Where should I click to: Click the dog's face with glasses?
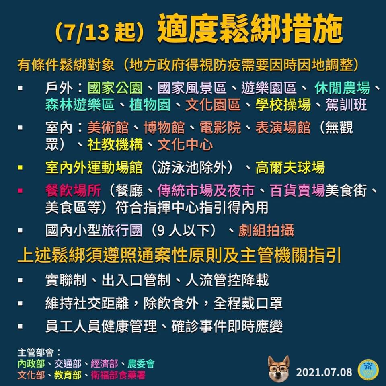[x=278, y=368]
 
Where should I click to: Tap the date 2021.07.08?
[x=324, y=372]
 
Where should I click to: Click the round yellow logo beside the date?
[x=368, y=370]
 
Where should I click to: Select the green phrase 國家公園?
[x=115, y=88]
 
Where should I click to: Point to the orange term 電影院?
[x=220, y=128]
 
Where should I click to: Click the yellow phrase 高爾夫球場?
[x=290, y=168]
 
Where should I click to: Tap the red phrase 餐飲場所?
[x=73, y=191]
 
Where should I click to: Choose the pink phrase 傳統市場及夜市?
[x=206, y=191]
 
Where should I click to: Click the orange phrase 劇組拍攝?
[x=266, y=230]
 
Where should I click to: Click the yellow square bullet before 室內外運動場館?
[x=20, y=168]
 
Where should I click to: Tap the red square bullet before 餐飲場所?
[x=20, y=191]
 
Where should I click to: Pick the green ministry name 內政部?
[x=31, y=363]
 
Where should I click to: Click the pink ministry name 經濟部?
[x=105, y=363]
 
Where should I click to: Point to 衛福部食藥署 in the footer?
[x=118, y=375]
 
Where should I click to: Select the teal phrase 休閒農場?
[x=342, y=88]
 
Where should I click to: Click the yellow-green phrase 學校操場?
[x=283, y=105]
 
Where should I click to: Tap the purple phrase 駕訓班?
[x=346, y=105]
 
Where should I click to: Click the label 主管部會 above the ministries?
[x=36, y=353]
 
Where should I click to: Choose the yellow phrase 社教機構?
[x=115, y=144]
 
